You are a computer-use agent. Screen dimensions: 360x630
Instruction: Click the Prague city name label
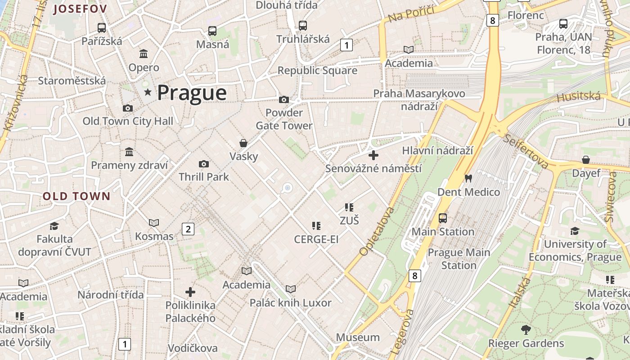tap(192, 93)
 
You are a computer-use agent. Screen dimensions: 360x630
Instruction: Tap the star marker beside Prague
tap(148, 92)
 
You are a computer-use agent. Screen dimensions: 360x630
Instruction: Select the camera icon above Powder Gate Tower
tap(284, 99)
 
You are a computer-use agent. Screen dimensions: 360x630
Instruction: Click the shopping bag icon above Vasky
tap(243, 143)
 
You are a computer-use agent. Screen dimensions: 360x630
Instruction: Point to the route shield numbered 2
tap(188, 229)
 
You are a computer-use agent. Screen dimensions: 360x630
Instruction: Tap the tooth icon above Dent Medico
tap(468, 178)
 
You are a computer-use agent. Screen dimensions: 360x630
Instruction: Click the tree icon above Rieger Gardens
tap(526, 330)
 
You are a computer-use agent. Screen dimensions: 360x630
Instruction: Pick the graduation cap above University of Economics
tap(575, 231)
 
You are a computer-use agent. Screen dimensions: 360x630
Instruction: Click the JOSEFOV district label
tap(80, 9)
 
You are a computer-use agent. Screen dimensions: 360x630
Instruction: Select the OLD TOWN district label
tap(76, 196)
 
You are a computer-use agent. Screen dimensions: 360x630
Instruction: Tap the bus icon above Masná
tap(212, 31)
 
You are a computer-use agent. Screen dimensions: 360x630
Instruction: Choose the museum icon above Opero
tap(144, 54)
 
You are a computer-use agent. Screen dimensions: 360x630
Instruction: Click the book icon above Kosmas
tap(154, 223)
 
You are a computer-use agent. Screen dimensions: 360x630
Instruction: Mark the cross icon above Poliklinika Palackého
tap(190, 292)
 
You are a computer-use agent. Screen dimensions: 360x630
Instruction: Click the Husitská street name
tap(579, 96)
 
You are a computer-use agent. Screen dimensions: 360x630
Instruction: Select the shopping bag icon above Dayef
tap(586, 160)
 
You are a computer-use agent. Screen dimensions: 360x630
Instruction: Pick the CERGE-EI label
tap(316, 239)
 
